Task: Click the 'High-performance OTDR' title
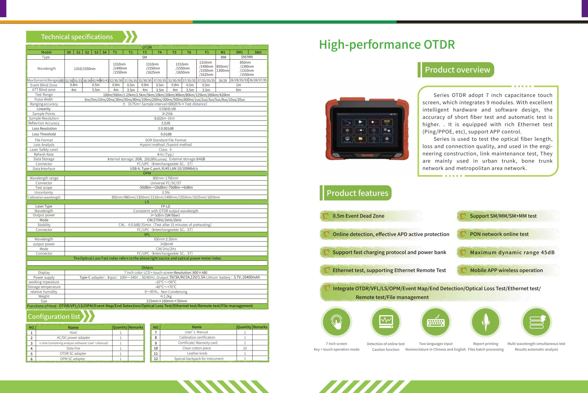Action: [x=387, y=45]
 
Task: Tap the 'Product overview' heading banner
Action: [x=456, y=70]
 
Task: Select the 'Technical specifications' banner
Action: [x=82, y=37]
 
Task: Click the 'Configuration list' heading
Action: [x=60, y=316]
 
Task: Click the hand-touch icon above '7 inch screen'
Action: [x=336, y=322]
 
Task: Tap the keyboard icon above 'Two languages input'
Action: [x=435, y=322]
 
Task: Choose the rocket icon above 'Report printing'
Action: [x=486, y=322]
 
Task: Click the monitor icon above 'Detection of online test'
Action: [x=386, y=322]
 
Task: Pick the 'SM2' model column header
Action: [x=258, y=52]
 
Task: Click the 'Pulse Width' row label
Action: [x=44, y=99]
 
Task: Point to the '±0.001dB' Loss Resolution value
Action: [x=166, y=128]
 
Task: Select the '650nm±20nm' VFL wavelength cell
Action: [x=166, y=239]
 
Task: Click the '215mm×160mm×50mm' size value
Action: [x=167, y=301]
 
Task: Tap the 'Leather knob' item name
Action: [x=197, y=353]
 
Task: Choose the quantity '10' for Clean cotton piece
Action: [x=245, y=348]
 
